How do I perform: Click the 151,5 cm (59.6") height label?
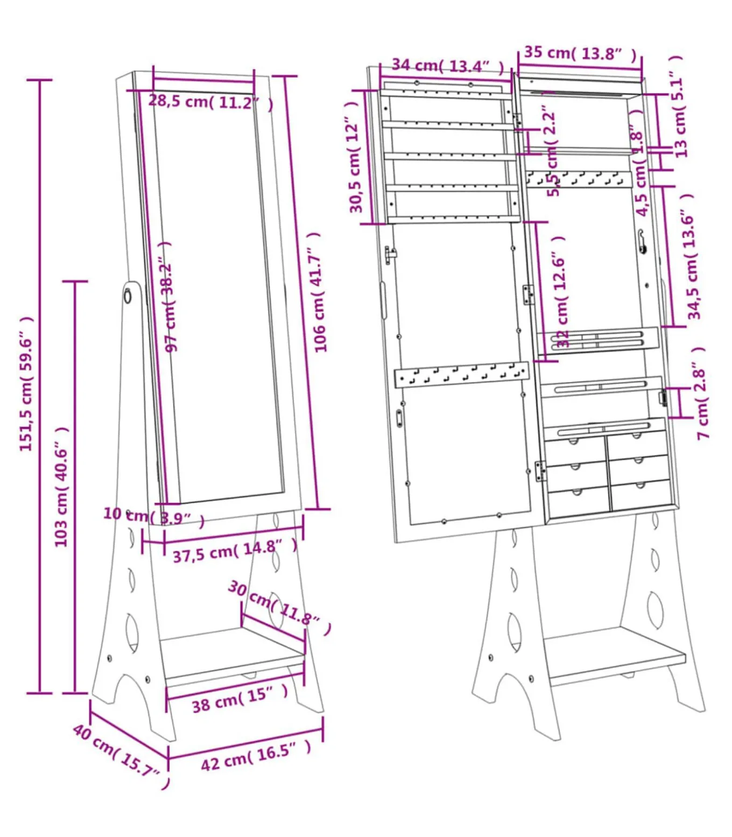26,384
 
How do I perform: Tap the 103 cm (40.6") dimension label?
62,487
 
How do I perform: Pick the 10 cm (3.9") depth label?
154,517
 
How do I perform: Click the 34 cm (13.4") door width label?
447,66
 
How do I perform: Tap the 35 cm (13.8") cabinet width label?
580,53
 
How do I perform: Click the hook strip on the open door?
461,374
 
